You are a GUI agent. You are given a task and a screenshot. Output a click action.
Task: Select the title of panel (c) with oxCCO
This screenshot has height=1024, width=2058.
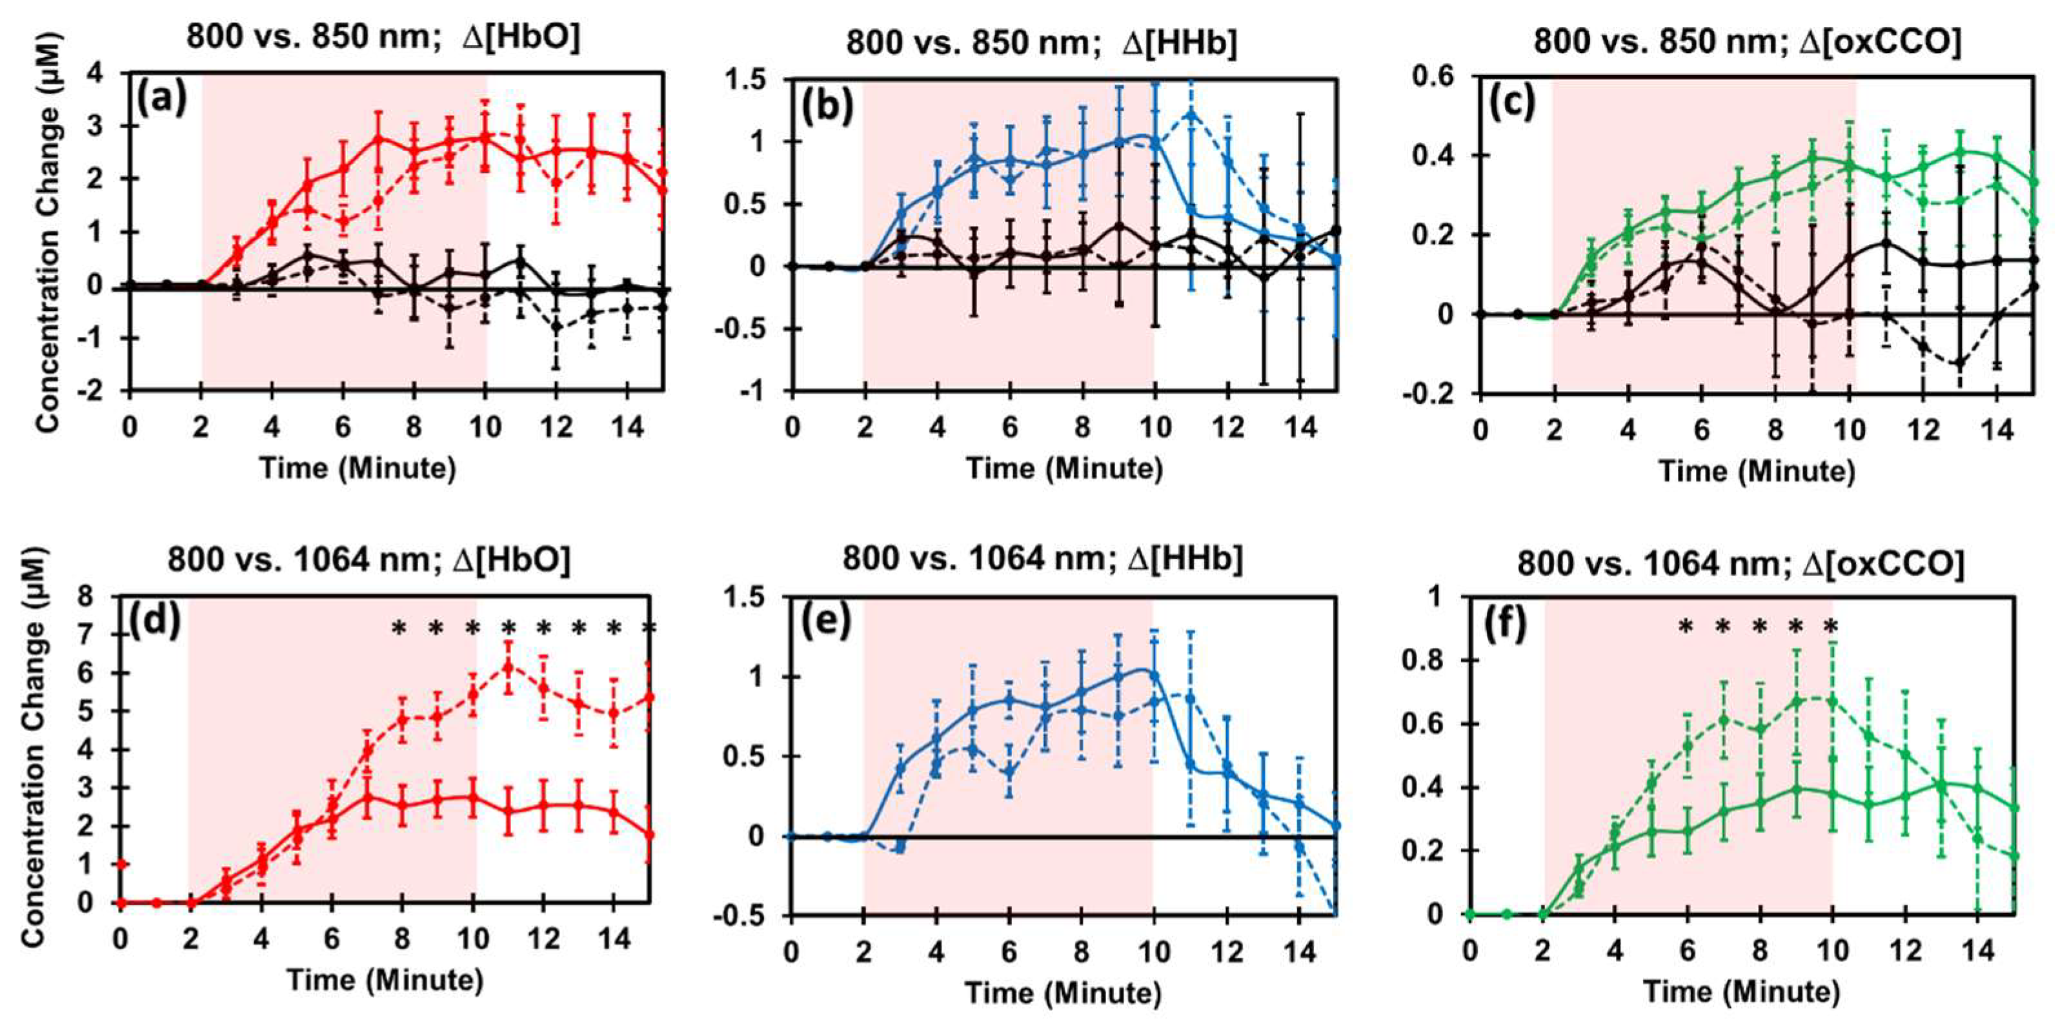pos(1747,41)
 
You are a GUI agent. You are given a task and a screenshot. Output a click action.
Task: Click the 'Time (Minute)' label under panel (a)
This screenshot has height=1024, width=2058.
pos(357,467)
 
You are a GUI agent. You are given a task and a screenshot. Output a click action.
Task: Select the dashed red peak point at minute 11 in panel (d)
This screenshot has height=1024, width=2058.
pos(507,668)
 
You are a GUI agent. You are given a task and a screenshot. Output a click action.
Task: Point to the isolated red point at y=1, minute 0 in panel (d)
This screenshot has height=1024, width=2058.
pos(121,864)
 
